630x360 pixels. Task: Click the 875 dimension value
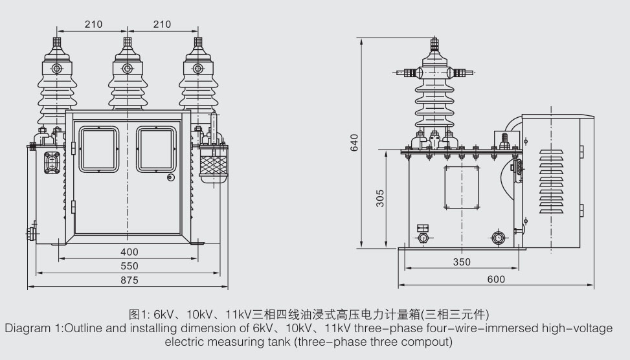point(129,280)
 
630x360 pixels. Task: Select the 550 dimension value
point(129,266)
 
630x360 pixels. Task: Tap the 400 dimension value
point(129,252)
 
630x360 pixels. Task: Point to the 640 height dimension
point(354,142)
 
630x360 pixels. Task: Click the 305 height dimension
point(379,198)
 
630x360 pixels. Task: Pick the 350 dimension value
point(462,262)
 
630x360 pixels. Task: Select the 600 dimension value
point(496,279)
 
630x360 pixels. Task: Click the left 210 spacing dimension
point(94,24)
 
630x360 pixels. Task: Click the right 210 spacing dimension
point(163,24)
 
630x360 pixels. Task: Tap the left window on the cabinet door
point(99,150)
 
